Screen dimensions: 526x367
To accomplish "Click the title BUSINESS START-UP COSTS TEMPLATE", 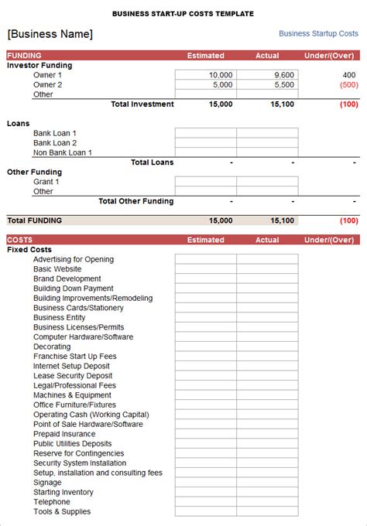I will (x=183, y=14).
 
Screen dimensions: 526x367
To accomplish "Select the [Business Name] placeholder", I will (x=50, y=34).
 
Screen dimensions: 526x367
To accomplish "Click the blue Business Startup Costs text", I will (x=318, y=34).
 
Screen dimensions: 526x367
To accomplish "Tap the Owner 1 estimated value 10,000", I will (x=221, y=75).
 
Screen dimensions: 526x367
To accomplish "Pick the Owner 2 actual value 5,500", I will (x=283, y=85).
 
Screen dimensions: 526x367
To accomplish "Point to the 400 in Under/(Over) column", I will (x=348, y=75).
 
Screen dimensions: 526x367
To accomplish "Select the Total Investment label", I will (x=142, y=104).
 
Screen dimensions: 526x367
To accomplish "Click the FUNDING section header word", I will (x=25, y=56).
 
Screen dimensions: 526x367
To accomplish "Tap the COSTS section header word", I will (x=20, y=240).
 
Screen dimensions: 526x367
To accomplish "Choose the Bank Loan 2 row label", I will (x=55, y=143).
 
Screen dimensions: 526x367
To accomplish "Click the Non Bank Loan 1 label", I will (x=63, y=153).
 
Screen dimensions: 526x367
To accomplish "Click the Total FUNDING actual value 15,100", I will (x=282, y=220).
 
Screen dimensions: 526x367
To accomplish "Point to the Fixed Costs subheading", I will (x=29, y=250).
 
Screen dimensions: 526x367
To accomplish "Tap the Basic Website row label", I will (x=57, y=269).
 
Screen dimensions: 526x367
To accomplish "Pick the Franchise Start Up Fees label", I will (x=75, y=357).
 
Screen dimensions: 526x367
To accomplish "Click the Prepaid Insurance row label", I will (x=65, y=434).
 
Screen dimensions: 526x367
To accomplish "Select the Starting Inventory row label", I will (x=63, y=492).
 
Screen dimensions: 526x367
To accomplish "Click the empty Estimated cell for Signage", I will (x=205, y=482).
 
